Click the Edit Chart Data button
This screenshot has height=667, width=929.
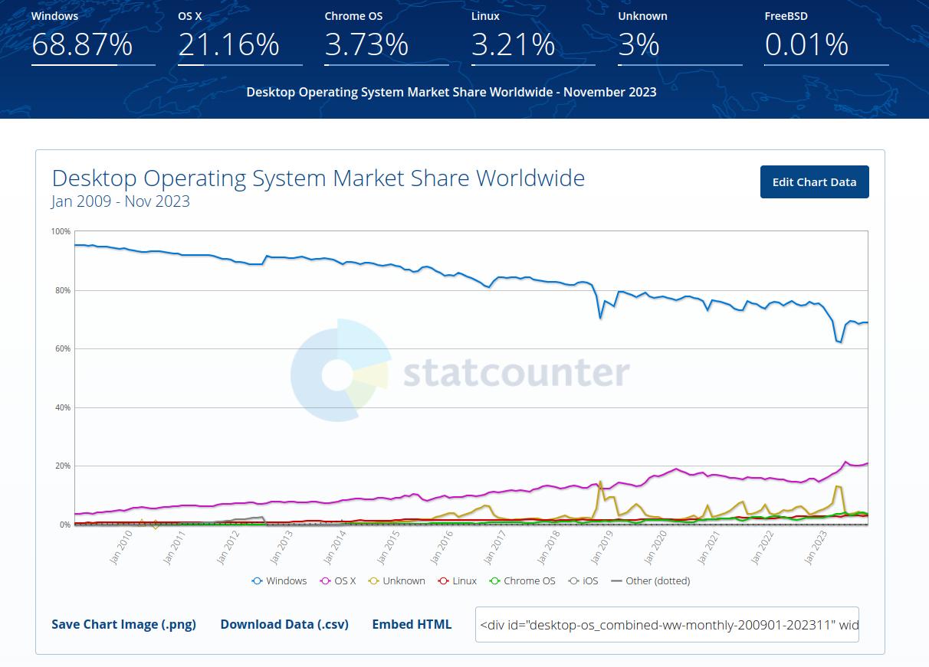[814, 181]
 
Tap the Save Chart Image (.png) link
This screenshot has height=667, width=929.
[123, 624]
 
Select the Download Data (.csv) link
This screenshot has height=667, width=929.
[284, 624]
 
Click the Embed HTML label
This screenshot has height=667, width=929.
[412, 624]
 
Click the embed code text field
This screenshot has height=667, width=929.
[667, 625]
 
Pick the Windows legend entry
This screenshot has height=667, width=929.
[280, 580]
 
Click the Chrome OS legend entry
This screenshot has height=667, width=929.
[523, 580]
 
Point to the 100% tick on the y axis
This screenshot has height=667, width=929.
[61, 231]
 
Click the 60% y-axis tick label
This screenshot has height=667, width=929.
[62, 348]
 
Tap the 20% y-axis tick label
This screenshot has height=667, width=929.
[62, 466]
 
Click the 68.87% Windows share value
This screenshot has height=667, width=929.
[82, 44]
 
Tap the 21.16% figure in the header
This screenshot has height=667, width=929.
[228, 44]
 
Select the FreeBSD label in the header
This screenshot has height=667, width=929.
[786, 15]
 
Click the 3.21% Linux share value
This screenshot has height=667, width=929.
[513, 44]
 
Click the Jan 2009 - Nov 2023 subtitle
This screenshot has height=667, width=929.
[120, 201]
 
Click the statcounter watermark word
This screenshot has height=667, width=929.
[516, 373]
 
